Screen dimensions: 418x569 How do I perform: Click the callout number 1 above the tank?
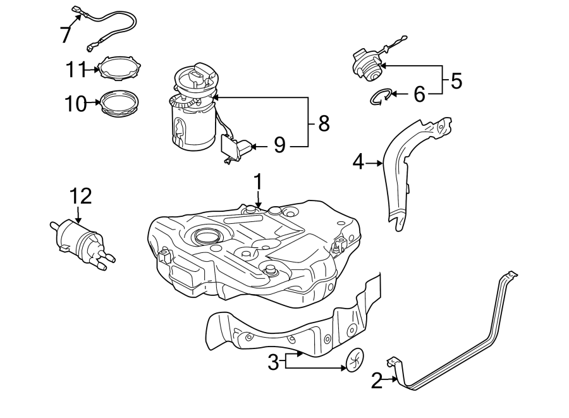(258, 182)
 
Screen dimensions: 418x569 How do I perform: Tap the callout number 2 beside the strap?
(377, 381)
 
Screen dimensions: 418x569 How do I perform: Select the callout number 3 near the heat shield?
(273, 362)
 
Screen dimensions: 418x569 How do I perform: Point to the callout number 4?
(358, 163)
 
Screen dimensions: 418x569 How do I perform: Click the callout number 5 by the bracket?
(455, 80)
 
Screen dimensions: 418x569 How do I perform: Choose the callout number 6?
(419, 95)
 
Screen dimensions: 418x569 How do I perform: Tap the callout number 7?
(66, 34)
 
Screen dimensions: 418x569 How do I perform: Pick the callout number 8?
(324, 123)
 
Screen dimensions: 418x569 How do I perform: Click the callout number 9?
(280, 146)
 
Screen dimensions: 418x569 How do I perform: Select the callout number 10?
(75, 103)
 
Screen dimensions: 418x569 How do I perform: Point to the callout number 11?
(75, 70)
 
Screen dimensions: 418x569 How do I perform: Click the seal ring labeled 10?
(119, 102)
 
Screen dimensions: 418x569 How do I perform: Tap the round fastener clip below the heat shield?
(354, 360)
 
